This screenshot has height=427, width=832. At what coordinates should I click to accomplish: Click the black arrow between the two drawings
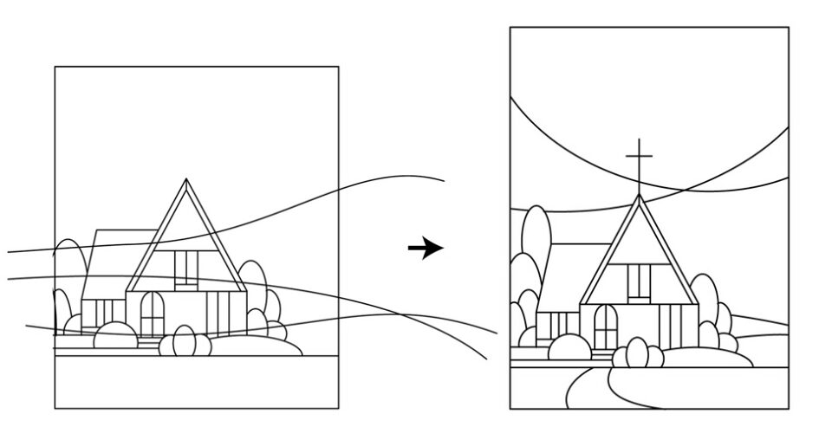click(426, 249)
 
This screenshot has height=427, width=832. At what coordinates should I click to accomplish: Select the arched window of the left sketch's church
click(153, 313)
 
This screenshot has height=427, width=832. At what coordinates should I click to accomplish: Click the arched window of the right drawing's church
click(606, 326)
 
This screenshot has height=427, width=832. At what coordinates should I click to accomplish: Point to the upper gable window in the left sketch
click(185, 268)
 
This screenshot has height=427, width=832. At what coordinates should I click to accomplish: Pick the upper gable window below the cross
click(639, 281)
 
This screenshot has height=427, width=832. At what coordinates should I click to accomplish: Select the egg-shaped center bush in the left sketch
click(184, 340)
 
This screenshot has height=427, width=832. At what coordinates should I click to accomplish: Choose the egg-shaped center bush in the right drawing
click(638, 353)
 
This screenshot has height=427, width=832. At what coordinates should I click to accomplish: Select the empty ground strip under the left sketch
click(196, 381)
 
